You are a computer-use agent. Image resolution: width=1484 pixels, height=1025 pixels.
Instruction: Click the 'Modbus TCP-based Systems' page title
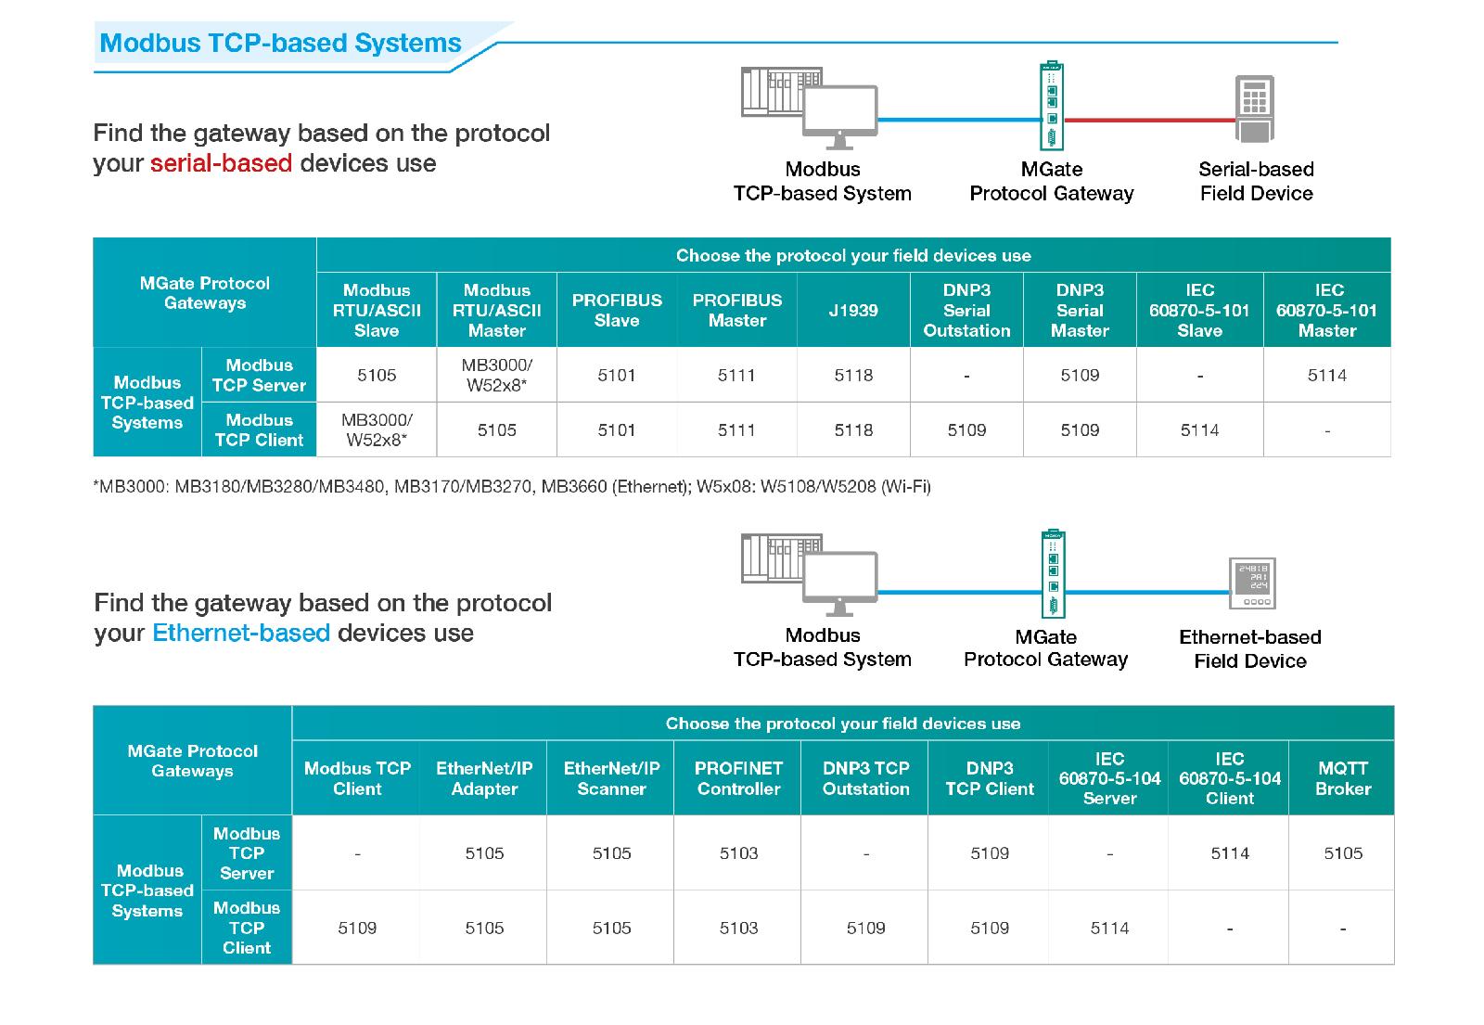(x=280, y=43)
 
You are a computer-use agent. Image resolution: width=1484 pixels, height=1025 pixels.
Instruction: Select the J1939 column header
(x=853, y=310)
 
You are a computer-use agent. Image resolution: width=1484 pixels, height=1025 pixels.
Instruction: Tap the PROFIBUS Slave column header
(x=617, y=310)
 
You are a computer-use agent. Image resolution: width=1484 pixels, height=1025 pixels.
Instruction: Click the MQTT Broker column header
(x=1343, y=778)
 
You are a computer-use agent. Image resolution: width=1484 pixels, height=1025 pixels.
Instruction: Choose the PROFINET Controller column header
(x=738, y=778)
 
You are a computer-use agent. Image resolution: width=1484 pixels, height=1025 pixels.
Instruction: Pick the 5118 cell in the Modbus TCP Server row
(x=853, y=375)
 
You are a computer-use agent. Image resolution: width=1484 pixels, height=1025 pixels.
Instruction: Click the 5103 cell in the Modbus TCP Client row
(x=738, y=928)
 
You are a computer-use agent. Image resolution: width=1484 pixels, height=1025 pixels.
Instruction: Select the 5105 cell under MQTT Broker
(x=1343, y=852)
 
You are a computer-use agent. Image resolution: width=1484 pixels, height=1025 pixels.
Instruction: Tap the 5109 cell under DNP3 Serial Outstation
(x=966, y=430)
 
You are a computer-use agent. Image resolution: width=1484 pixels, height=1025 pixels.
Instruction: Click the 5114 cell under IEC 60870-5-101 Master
(x=1327, y=375)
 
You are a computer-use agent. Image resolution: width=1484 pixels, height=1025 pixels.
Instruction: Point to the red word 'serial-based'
(x=222, y=163)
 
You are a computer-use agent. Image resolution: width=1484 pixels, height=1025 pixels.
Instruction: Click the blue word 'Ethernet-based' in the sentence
(x=241, y=633)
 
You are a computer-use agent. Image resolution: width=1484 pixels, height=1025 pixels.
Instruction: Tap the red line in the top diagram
(x=1149, y=120)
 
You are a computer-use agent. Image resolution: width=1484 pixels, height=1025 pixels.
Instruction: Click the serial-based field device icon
(x=1255, y=109)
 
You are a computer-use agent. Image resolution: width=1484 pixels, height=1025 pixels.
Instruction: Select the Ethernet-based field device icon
(x=1252, y=583)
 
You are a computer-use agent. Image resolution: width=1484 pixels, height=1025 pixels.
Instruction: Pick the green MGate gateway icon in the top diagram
(x=1052, y=106)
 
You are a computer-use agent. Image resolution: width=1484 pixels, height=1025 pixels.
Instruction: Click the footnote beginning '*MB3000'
(x=512, y=487)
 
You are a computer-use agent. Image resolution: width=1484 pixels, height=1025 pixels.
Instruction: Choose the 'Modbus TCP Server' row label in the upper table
(x=259, y=375)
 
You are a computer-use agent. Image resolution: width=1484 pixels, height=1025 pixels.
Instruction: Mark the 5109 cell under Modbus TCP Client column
(x=357, y=928)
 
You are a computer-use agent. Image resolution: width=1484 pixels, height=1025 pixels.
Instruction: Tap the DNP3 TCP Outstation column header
(x=866, y=778)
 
